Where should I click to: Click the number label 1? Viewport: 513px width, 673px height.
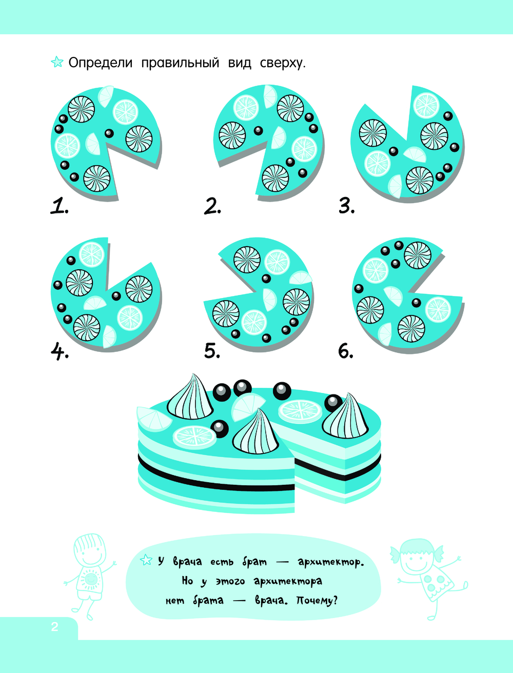click(59, 206)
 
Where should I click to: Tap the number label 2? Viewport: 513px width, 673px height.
click(212, 206)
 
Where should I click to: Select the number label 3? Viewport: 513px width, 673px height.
click(346, 206)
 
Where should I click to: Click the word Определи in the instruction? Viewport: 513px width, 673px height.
click(101, 63)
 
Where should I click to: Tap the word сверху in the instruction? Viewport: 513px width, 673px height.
click(283, 64)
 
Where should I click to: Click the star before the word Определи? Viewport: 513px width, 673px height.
click(57, 62)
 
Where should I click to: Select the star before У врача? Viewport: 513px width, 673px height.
click(146, 560)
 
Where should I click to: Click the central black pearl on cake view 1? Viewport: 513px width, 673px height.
click(109, 133)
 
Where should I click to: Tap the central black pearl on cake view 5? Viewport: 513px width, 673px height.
click(266, 279)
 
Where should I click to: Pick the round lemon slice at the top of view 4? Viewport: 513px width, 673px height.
click(92, 254)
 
